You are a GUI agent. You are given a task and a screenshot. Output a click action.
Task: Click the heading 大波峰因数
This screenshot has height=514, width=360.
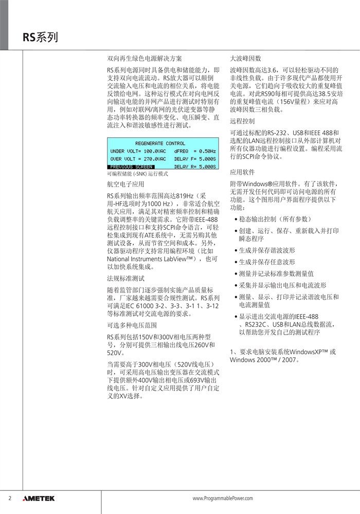coord(245,59)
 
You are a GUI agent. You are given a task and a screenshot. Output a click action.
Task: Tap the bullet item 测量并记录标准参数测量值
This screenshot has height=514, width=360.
coord(276,274)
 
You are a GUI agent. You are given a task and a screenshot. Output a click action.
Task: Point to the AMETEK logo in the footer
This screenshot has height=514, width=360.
coord(39,499)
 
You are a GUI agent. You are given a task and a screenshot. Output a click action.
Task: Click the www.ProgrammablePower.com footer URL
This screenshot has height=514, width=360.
coord(223,499)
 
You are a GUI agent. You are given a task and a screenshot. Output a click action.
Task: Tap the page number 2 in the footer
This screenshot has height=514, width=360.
coord(10,499)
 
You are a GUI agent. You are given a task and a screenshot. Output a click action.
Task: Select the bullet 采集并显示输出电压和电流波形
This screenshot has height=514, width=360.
coord(282,285)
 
